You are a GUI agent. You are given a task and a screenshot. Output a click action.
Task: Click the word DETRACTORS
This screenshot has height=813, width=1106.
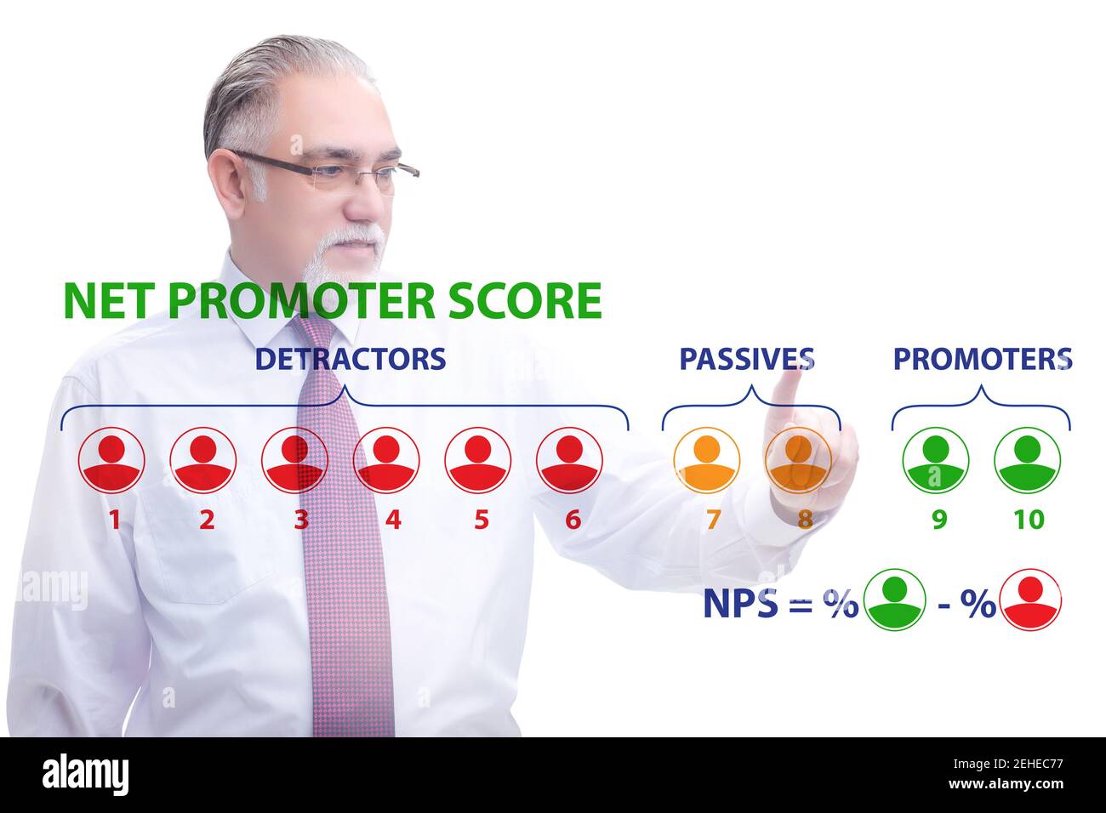(x=350, y=359)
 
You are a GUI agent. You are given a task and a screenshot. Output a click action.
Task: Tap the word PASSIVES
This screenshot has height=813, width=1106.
(x=746, y=359)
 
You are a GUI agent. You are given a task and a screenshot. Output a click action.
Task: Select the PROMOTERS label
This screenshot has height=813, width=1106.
(x=982, y=359)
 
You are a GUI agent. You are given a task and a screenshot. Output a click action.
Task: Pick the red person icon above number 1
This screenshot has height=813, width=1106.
(x=111, y=459)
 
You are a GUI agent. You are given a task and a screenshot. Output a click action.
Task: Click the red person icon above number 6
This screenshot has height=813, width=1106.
(x=569, y=459)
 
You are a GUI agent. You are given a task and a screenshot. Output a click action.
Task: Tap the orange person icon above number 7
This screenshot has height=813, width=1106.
(x=706, y=459)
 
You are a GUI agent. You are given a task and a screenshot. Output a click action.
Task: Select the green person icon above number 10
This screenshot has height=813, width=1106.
(x=1027, y=459)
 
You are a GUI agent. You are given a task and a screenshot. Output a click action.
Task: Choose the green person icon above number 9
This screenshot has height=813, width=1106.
(x=935, y=459)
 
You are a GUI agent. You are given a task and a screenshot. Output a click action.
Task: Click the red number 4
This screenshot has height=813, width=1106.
(x=392, y=519)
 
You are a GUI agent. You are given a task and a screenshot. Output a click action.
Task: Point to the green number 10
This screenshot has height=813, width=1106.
(x=1028, y=519)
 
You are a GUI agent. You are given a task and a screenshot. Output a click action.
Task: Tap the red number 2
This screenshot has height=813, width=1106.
(x=207, y=519)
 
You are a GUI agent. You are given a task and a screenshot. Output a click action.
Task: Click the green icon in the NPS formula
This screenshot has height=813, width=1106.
(x=894, y=600)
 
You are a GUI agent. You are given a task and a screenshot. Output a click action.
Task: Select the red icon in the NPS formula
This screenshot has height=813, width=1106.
(x=1030, y=600)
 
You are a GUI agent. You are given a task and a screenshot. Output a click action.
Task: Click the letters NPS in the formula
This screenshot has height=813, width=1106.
(x=740, y=603)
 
